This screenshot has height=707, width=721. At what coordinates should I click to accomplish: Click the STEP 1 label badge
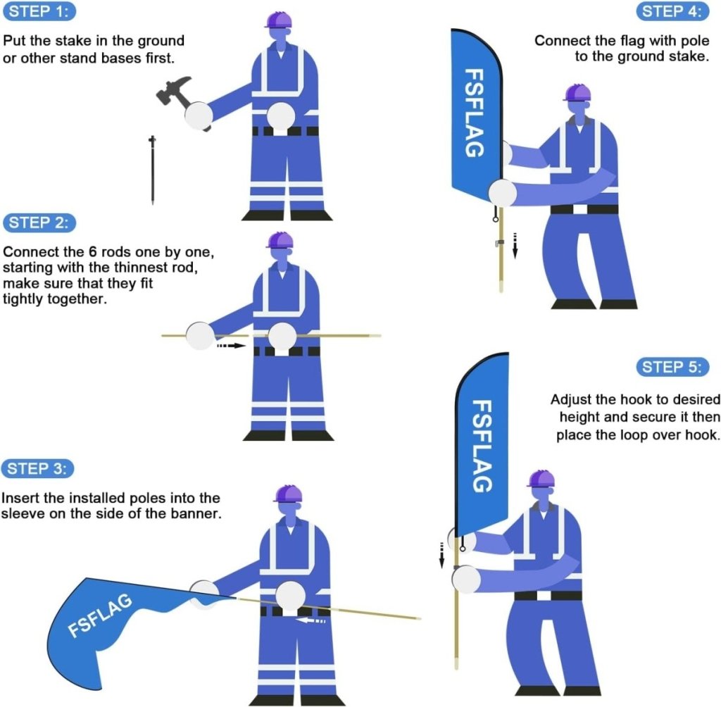(40, 11)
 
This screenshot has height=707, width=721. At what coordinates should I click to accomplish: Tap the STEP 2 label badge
(40, 223)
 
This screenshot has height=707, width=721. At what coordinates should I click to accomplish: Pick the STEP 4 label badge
(672, 11)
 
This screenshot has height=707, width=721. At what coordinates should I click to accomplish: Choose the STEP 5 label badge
(672, 367)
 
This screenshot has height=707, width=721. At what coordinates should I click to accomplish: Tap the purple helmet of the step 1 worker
(279, 19)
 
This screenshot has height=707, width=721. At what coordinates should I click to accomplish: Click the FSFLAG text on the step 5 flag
(482, 446)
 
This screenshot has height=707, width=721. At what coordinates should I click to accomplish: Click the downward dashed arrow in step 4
(515, 246)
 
